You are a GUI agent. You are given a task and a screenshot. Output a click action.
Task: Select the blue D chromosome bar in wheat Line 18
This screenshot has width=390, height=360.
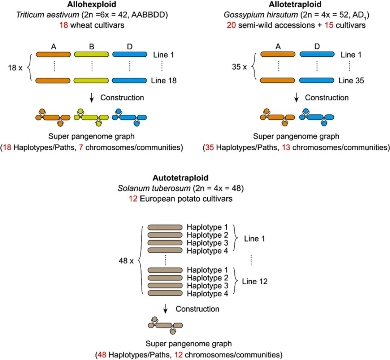click(130, 80)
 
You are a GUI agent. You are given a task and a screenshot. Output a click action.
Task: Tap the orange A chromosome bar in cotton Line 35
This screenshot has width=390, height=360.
click(278, 80)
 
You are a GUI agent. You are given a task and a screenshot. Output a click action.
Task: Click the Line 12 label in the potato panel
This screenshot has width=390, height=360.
click(255, 281)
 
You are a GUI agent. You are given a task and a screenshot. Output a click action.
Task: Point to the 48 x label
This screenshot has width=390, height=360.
click(126, 260)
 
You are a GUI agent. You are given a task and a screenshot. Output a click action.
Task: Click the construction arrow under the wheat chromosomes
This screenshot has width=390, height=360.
click(92, 97)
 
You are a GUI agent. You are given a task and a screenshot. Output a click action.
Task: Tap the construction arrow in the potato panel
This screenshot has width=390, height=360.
click(165, 309)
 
